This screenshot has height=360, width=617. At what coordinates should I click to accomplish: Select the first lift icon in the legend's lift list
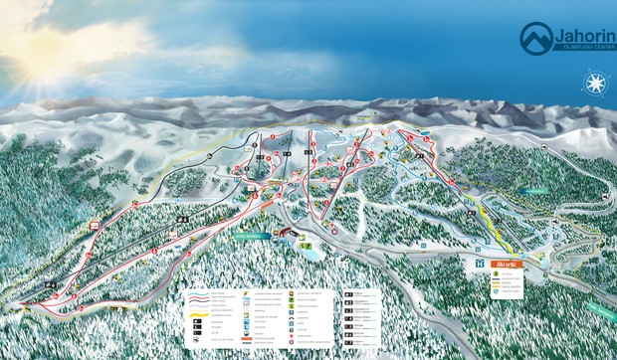coord(348,294)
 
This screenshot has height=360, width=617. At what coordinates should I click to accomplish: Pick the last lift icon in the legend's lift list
coord(348,345)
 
